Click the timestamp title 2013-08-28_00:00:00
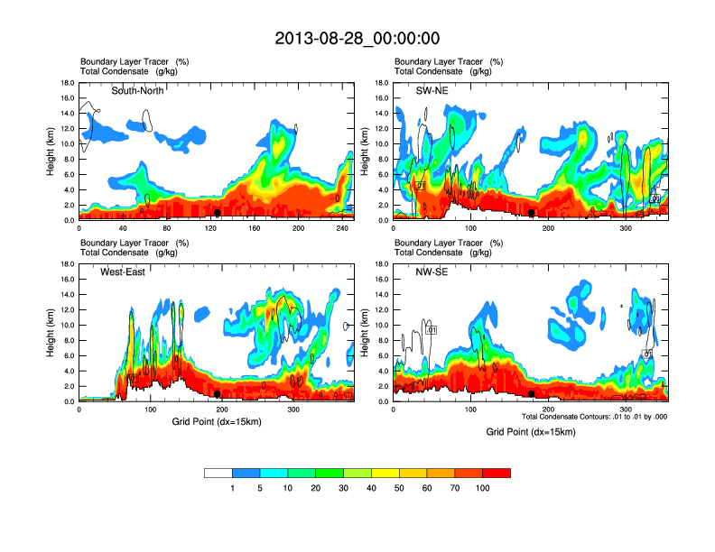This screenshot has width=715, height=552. click(357, 38)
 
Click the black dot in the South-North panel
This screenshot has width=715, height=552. click(218, 213)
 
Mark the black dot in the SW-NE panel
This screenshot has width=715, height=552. click(532, 213)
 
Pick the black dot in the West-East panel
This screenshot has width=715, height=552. click(218, 394)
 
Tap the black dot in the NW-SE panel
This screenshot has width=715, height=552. click(532, 394)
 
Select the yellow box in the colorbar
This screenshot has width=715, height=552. click(385, 473)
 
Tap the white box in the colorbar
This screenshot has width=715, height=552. click(218, 473)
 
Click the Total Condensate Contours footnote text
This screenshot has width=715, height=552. click(594, 416)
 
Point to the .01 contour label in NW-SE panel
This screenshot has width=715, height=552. click(432, 330)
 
